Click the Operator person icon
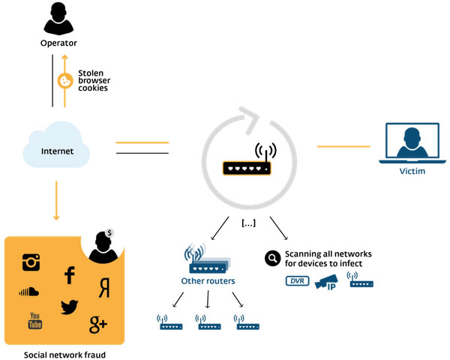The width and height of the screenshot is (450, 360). (x=58, y=21)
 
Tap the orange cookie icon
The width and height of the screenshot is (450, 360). (x=64, y=82)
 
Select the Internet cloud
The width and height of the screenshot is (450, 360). (x=57, y=149)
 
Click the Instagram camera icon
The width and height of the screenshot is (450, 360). (x=31, y=262)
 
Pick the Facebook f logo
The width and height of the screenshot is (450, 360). (x=70, y=275)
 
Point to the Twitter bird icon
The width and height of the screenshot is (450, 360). (x=70, y=306)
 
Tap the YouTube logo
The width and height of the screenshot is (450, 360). (x=34, y=320)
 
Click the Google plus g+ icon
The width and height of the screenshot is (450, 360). (x=98, y=323)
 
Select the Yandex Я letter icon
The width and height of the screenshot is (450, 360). (x=105, y=286)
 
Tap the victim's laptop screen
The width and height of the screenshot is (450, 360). (x=412, y=143)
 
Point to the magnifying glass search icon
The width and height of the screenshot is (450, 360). (x=272, y=259)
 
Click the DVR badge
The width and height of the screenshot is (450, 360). (x=298, y=282)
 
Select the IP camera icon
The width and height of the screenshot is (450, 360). (x=328, y=283)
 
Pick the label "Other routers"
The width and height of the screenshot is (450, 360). (x=208, y=281)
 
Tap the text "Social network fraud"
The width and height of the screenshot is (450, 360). (x=64, y=353)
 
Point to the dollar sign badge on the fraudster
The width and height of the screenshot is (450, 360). (x=109, y=232)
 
